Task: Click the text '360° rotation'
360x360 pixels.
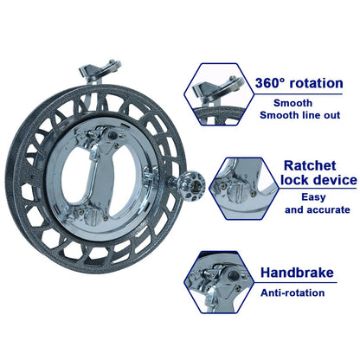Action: pyautogui.click(x=299, y=83)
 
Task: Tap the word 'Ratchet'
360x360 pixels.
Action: pyautogui.click(x=310, y=165)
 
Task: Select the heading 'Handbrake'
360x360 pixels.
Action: pyautogui.click(x=297, y=273)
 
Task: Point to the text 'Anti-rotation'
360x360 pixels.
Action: pyautogui.click(x=292, y=292)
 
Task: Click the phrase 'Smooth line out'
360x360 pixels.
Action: pyautogui.click(x=300, y=115)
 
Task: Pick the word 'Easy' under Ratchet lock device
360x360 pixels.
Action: pyautogui.click(x=313, y=197)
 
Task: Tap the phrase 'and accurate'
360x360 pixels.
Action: pyautogui.click(x=318, y=209)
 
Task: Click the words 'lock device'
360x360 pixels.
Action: pyautogui.click(x=318, y=180)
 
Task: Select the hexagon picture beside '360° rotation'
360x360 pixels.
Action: pyautogui.click(x=219, y=94)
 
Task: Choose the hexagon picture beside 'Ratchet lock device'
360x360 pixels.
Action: pyautogui.click(x=244, y=189)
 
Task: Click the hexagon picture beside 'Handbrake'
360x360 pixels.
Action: pyautogui.click(x=219, y=282)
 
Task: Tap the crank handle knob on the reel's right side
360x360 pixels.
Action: pyautogui.click(x=191, y=185)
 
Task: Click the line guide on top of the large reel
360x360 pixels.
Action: pyautogui.click(x=100, y=71)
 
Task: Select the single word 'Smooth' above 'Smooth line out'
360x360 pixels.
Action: pyautogui.click(x=292, y=103)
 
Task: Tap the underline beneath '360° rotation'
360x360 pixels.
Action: pyautogui.click(x=299, y=94)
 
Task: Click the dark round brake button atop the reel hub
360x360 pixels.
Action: pyautogui.click(x=112, y=135)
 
